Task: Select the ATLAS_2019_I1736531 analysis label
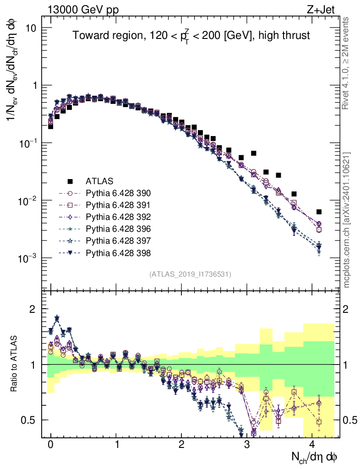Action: pyautogui.click(x=190, y=274)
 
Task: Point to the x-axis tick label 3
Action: pyautogui.click(x=247, y=445)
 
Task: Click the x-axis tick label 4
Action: pyautogui.click(x=312, y=445)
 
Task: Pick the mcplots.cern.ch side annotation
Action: pyautogui.click(x=347, y=220)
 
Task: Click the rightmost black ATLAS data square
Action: pyautogui.click(x=319, y=212)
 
